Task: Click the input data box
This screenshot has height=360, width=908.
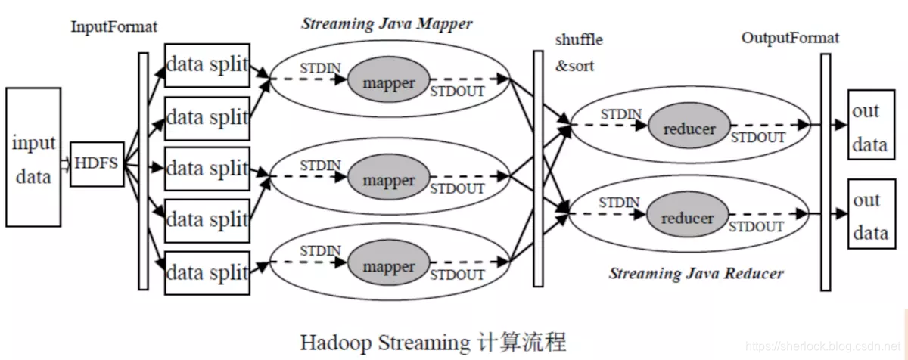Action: click(33, 157)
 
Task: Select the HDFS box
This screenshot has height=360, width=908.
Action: click(97, 163)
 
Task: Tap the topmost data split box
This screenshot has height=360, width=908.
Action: click(207, 65)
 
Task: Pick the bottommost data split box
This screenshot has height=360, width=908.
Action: click(207, 272)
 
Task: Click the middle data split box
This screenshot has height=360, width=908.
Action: click(207, 169)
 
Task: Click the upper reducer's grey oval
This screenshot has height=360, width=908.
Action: click(689, 129)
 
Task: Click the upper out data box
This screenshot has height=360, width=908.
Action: click(866, 126)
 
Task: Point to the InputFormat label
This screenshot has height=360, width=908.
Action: click(114, 27)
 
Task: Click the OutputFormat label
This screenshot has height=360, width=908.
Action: click(790, 39)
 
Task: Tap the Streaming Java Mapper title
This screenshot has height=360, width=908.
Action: click(387, 23)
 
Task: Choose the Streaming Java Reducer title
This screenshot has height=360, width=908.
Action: click(696, 274)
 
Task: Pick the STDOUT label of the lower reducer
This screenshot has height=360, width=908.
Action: click(757, 226)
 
